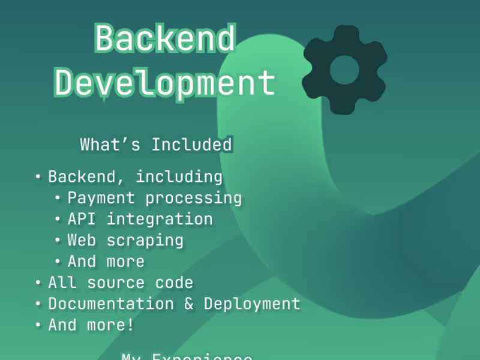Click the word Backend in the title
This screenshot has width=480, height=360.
click(x=165, y=39)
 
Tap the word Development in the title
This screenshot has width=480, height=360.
click(x=165, y=83)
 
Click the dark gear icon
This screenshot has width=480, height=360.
click(x=344, y=70)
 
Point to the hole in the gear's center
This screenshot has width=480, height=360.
click(x=344, y=70)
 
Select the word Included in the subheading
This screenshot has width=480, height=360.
click(x=191, y=145)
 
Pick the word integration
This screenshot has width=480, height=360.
click(x=160, y=220)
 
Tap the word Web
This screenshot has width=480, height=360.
click(x=82, y=240)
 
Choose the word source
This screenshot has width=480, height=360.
click(x=111, y=283)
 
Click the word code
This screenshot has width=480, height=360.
click(x=174, y=283)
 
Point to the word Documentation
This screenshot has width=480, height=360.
click(x=111, y=304)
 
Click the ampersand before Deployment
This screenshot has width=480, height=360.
click(x=189, y=304)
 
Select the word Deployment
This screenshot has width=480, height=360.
click(x=252, y=304)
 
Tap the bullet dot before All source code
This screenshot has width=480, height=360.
click(x=38, y=283)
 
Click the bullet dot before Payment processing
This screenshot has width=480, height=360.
click(x=58, y=197)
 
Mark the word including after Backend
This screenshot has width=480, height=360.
click(x=179, y=178)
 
